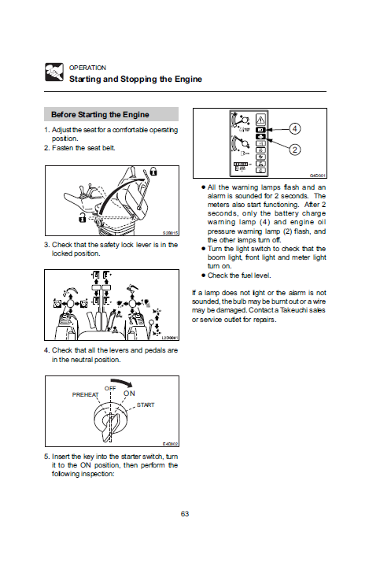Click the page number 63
tap(185, 514)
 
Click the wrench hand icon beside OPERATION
tap(54, 72)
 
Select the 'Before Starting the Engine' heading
tap(100, 114)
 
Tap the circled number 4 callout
tap(295, 128)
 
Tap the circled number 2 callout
tap(295, 150)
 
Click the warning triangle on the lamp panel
tap(260, 120)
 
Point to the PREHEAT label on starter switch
tap(86, 394)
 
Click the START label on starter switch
tap(146, 405)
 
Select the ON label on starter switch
tap(129, 394)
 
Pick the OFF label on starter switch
tap(110, 389)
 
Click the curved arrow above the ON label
tap(125, 383)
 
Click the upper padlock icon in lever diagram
tap(153, 172)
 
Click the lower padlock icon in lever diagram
tap(82, 217)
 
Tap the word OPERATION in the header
tap(87, 68)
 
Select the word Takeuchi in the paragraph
tap(293, 310)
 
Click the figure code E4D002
tap(170, 444)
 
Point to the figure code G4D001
tap(318, 176)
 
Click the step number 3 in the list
tap(46, 245)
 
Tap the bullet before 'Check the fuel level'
tap(204, 276)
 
